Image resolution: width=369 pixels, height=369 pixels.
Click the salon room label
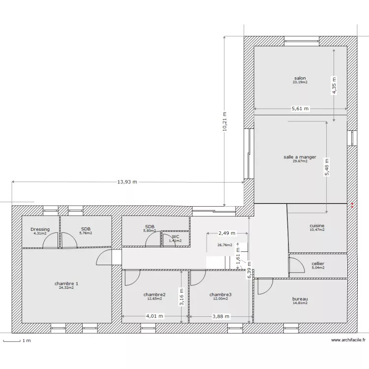pos(300,78)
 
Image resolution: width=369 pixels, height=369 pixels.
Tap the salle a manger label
pos(300,157)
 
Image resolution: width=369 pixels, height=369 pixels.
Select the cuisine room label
pos(317,226)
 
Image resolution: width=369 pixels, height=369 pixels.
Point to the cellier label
pos(318,264)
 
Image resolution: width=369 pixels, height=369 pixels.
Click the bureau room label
pos(300,299)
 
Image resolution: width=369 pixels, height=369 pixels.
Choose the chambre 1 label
pos(66,283)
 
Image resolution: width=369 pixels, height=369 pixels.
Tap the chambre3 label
pos(220,295)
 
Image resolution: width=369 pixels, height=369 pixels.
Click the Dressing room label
pos(40,229)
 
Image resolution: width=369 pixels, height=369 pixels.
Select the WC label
pos(175,237)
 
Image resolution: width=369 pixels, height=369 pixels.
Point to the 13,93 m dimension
pos(127,182)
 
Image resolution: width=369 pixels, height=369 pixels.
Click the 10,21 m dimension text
pos(224,121)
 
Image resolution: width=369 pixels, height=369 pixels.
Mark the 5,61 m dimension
pos(300,109)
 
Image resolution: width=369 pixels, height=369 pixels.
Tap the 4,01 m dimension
pos(154,316)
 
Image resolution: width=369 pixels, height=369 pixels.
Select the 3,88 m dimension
pos(220,316)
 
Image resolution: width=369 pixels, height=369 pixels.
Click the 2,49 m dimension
pos(227,233)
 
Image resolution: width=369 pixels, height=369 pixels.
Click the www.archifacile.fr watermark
pos(348,340)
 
